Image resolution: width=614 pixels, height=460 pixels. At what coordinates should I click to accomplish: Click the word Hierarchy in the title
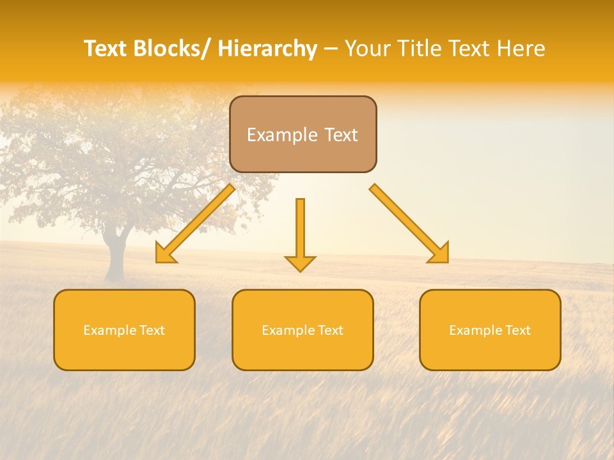tap(267, 49)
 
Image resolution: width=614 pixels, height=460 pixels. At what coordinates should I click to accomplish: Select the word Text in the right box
tap(517, 330)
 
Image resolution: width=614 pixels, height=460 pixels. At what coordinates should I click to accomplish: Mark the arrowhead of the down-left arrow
tap(164, 254)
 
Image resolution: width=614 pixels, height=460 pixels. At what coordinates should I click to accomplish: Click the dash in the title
tap(331, 49)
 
